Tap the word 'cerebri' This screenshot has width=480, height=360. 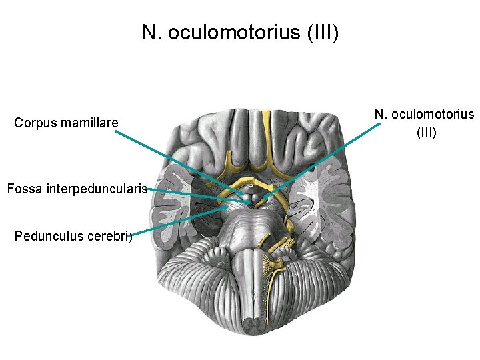[109, 235]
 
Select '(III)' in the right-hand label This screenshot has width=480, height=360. [426, 132]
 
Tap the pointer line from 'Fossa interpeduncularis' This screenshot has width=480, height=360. [193, 194]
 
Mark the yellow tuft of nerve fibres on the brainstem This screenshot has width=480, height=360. [273, 267]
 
